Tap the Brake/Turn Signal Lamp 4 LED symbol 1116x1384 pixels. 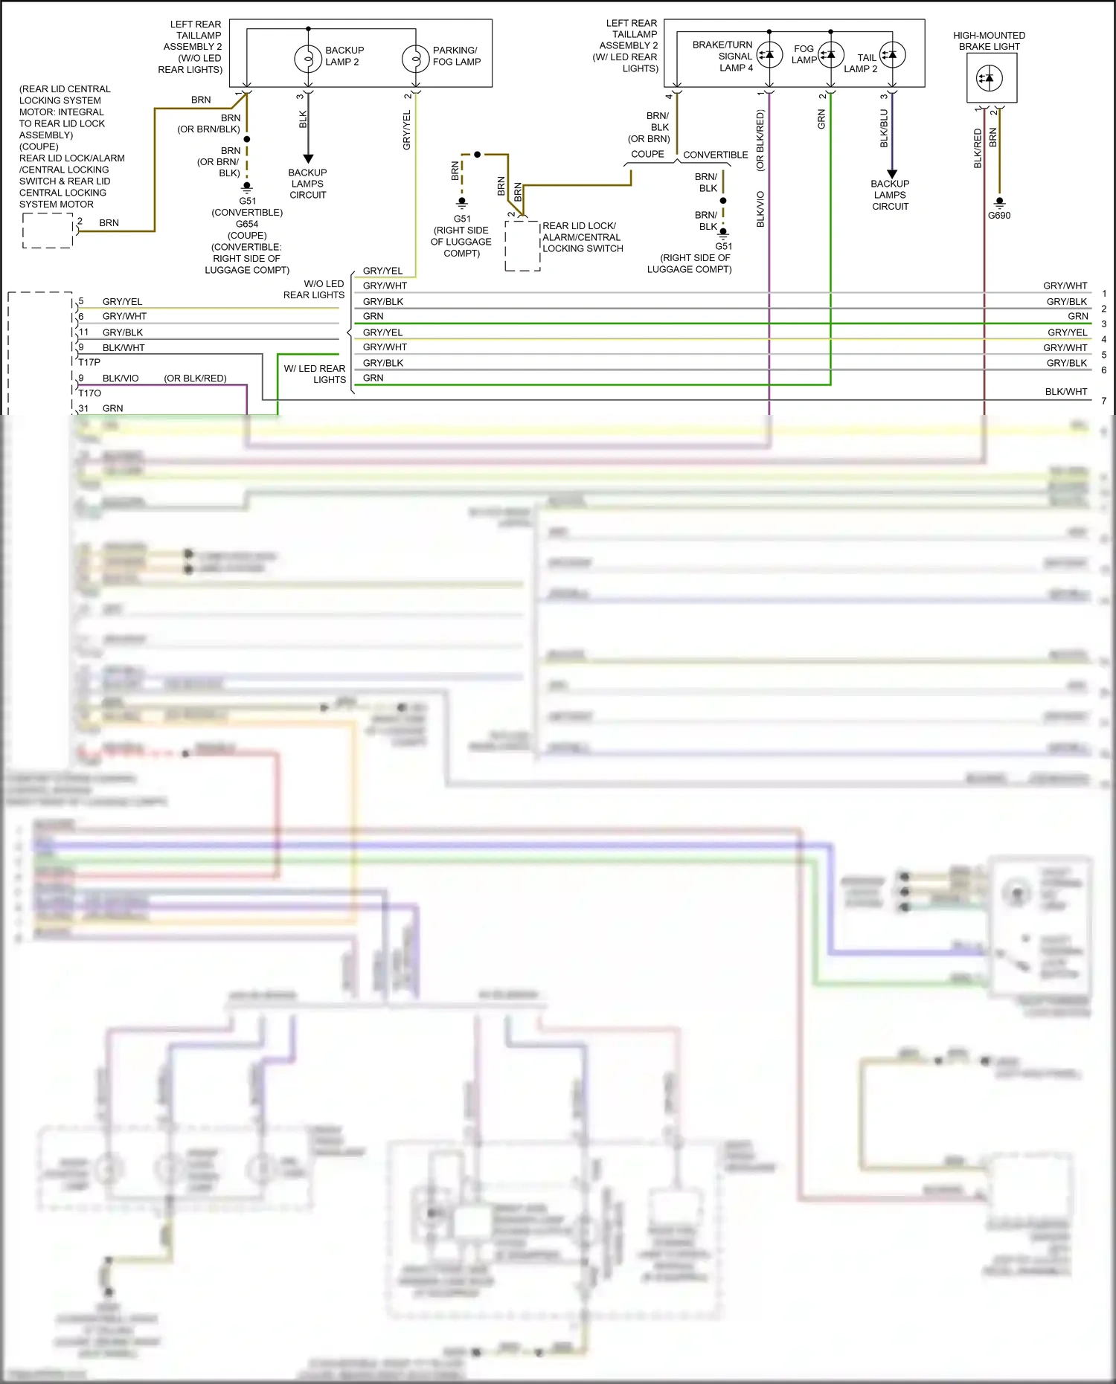coord(769,54)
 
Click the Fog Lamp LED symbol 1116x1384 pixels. coord(830,54)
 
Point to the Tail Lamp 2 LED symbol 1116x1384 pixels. coord(892,54)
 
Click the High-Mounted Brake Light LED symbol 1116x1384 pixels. coord(989,78)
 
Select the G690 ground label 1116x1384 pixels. coord(999,216)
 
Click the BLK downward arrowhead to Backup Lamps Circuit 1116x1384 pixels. coord(308,158)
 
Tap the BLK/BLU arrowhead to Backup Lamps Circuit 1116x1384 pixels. coord(892,173)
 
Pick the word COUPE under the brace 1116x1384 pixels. coord(647,154)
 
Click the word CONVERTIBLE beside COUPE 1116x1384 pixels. coord(715,155)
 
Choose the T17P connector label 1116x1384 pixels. coord(89,362)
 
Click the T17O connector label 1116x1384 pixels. coord(90,393)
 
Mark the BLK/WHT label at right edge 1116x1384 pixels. coord(1065,391)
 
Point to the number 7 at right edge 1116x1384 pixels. coord(1104,401)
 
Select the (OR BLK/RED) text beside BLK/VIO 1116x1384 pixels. coord(195,378)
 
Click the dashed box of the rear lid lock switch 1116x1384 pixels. coord(522,245)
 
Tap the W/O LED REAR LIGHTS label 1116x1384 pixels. coord(314,289)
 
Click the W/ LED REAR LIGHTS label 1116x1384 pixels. coord(315,373)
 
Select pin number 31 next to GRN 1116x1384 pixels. coord(83,408)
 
